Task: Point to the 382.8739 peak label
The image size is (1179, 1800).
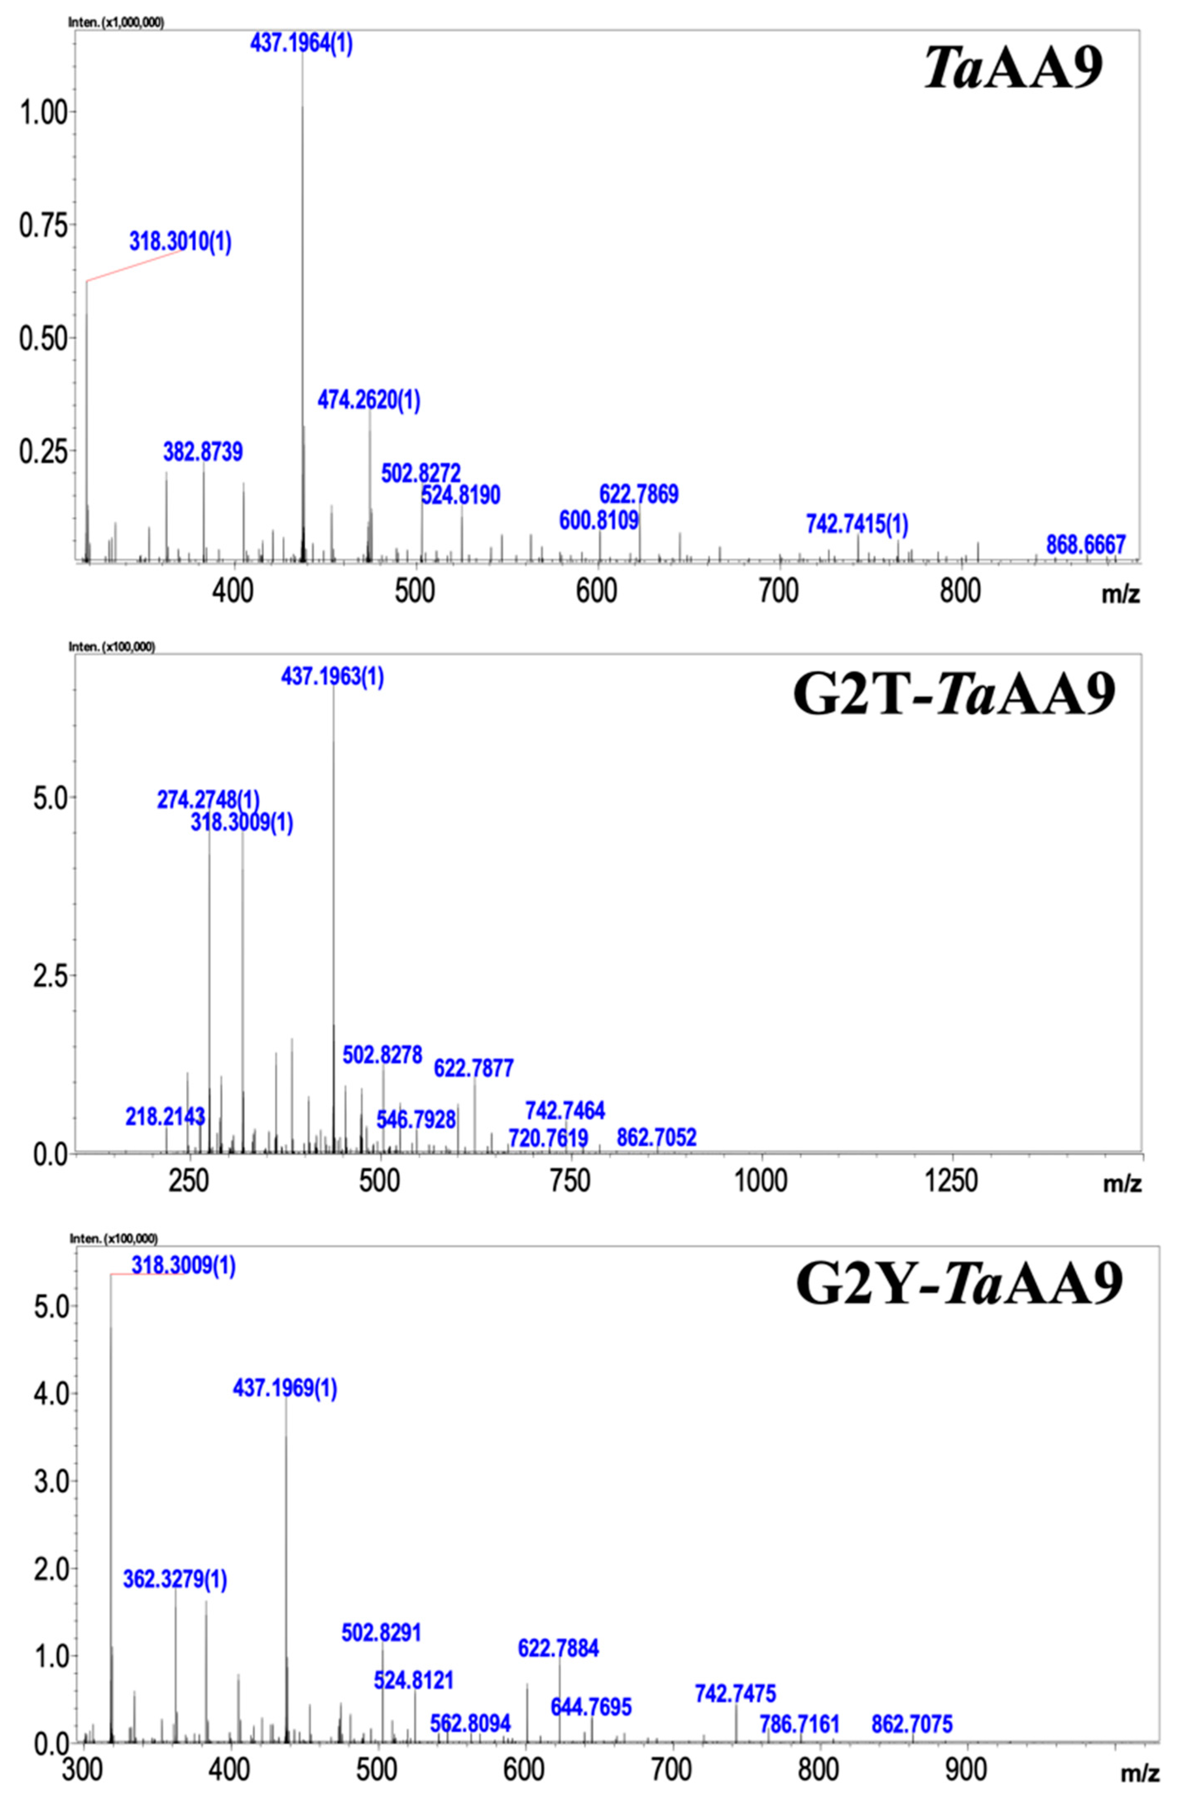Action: pyautogui.click(x=203, y=452)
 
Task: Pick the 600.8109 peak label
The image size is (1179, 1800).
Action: pyautogui.click(x=598, y=520)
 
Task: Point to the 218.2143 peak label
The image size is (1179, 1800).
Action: pyautogui.click(x=165, y=1116)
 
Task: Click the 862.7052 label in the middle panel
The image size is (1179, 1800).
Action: pyautogui.click(x=656, y=1137)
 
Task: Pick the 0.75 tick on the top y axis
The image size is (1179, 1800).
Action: pyautogui.click(x=42, y=224)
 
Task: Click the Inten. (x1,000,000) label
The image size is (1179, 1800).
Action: pyautogui.click(x=116, y=23)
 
